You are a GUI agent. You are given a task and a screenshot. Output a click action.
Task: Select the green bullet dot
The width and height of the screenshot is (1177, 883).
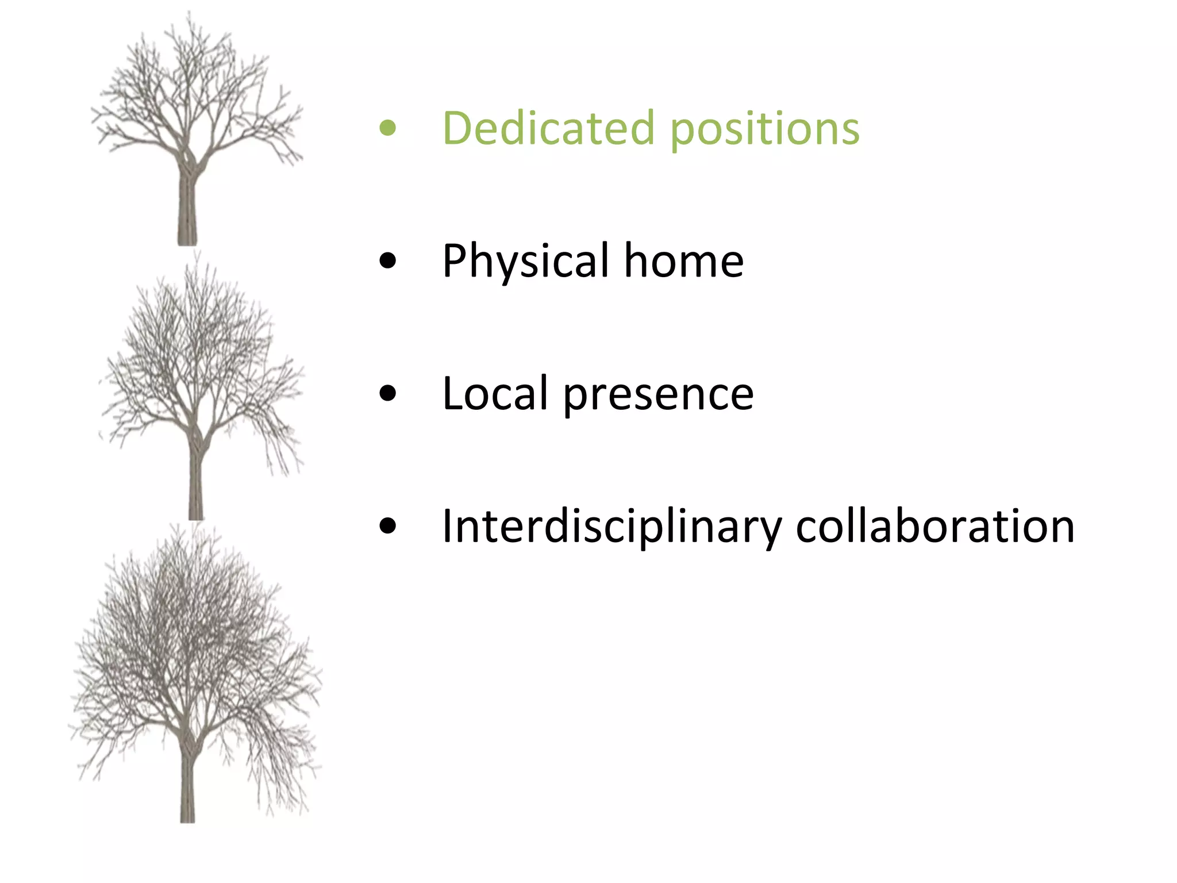pyautogui.click(x=388, y=128)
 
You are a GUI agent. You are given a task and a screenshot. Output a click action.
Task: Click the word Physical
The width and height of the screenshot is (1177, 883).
pyautogui.click(x=525, y=262)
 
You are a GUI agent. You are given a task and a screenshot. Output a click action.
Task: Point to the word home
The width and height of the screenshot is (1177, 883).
pyautogui.click(x=684, y=261)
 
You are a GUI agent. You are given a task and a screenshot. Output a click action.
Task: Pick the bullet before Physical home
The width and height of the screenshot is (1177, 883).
pyautogui.click(x=388, y=261)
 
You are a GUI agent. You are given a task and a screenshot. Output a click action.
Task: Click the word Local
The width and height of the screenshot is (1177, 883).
pyautogui.click(x=495, y=394)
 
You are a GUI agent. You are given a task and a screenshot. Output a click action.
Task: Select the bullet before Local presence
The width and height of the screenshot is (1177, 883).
pyautogui.click(x=388, y=394)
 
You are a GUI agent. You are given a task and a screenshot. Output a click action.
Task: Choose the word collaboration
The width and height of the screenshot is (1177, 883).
pyautogui.click(x=934, y=527)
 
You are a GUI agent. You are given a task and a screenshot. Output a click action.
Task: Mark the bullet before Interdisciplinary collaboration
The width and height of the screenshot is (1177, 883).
pyautogui.click(x=388, y=527)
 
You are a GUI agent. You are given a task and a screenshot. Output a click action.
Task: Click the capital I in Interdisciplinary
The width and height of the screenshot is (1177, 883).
pyautogui.click(x=447, y=527)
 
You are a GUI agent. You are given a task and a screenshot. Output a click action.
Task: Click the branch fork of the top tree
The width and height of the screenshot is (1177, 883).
pyautogui.click(x=189, y=161)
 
